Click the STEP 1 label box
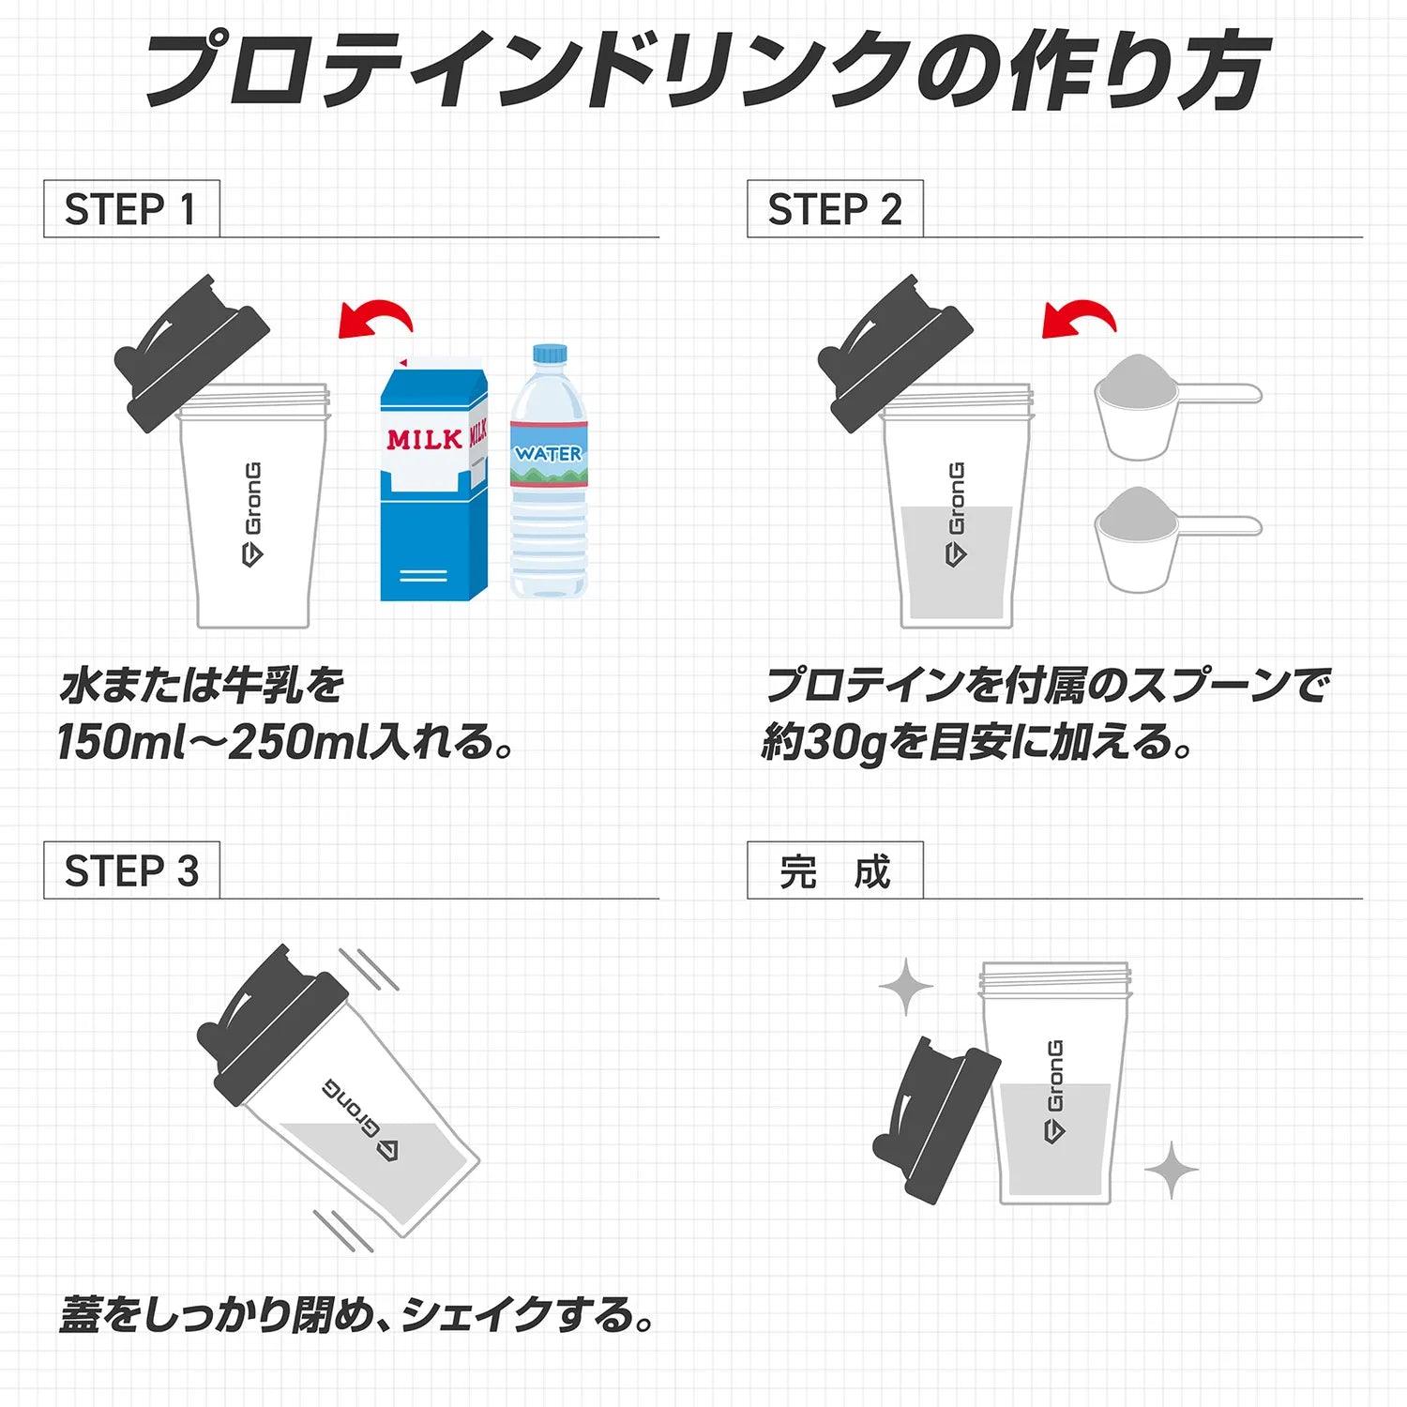[131, 209]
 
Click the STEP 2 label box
[835, 209]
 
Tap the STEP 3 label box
[131, 870]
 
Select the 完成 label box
[835, 870]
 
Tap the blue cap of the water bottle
[550, 354]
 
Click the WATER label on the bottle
[549, 454]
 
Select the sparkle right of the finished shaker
[1172, 1169]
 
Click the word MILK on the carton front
[424, 439]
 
